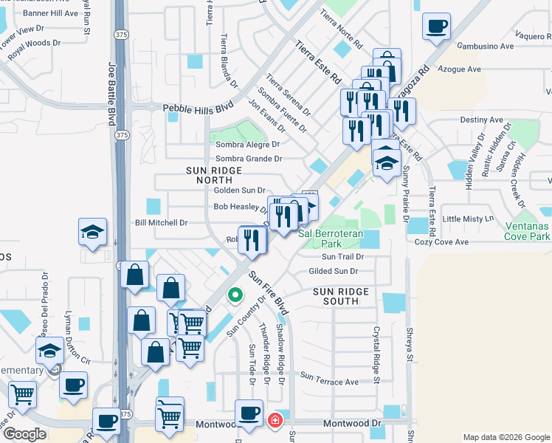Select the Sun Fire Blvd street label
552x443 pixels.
[267, 292]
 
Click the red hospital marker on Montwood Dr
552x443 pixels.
[275, 420]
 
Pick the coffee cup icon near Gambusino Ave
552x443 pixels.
[436, 27]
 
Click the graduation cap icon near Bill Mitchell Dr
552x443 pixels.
[93, 232]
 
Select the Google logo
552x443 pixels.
[25, 433]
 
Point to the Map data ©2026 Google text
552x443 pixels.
[506, 436]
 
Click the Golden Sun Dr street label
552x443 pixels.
[239, 190]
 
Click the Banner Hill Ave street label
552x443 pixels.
[51, 13]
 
